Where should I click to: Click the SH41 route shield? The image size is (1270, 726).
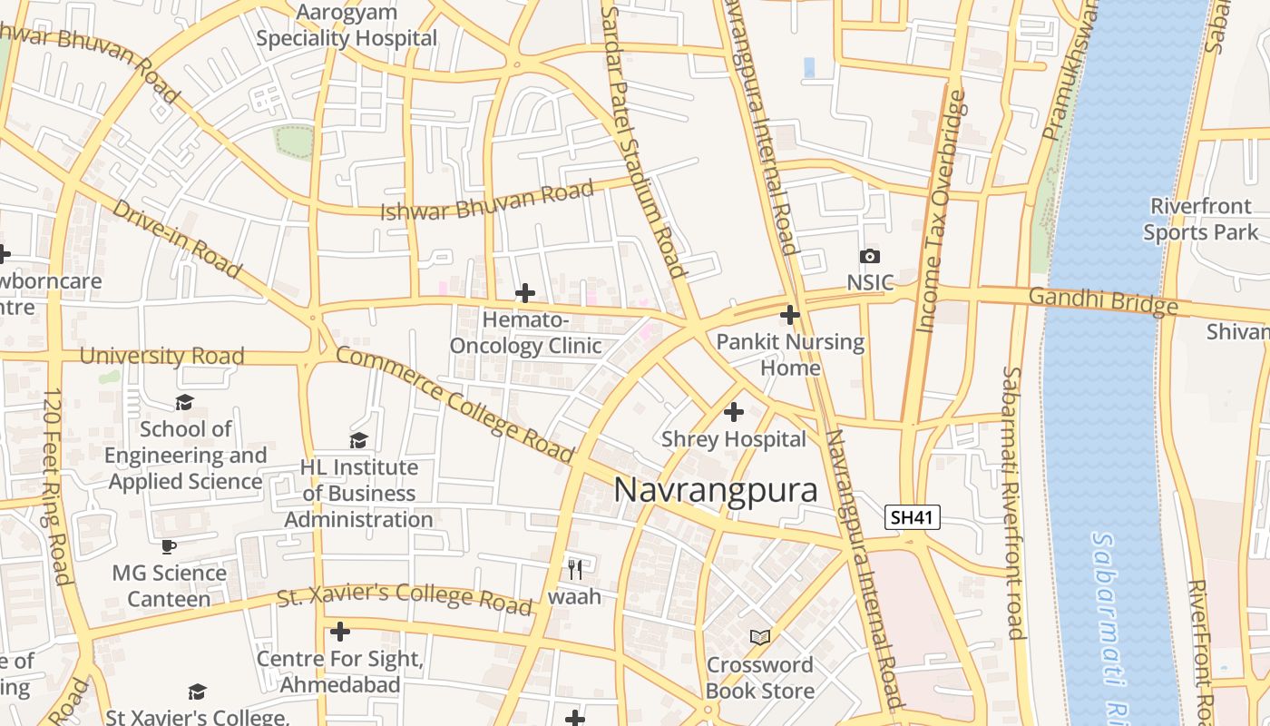(x=913, y=517)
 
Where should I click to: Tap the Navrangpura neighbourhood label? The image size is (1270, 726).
(x=716, y=490)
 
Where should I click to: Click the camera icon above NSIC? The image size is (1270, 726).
(x=869, y=257)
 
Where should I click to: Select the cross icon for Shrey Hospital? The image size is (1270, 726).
(x=733, y=412)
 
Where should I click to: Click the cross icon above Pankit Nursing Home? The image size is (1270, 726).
(x=790, y=315)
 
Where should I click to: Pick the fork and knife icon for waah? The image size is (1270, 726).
(x=574, y=569)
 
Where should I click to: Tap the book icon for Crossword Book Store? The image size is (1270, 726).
(x=760, y=638)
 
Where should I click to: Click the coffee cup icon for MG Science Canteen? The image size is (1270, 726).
(x=168, y=546)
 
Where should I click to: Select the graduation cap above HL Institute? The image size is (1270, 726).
(x=359, y=440)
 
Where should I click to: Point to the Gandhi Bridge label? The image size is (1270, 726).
(x=1102, y=300)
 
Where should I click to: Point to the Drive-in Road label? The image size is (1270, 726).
(x=176, y=238)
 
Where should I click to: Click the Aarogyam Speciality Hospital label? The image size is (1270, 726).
(x=347, y=25)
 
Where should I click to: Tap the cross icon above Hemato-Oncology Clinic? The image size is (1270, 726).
(x=524, y=293)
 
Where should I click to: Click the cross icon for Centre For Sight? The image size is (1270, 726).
(x=340, y=631)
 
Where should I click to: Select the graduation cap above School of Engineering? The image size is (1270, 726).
(x=185, y=402)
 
